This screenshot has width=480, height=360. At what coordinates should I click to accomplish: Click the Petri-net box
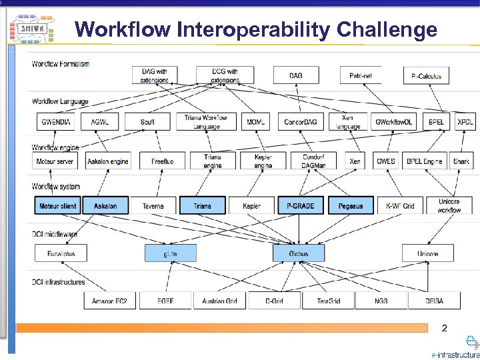(361, 75)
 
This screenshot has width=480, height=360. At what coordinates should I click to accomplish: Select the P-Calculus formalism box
(426, 75)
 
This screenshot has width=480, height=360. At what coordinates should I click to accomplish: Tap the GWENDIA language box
(55, 122)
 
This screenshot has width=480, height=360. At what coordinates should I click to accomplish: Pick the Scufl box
(148, 122)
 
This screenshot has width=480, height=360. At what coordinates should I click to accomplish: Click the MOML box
(255, 122)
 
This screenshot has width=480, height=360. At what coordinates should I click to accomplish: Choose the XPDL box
(465, 122)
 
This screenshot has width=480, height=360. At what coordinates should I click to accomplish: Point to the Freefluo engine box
(162, 161)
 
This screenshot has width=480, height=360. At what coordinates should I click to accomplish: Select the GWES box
(385, 161)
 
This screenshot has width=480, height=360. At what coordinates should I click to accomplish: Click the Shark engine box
(461, 161)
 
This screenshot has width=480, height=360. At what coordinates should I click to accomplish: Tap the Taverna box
(153, 206)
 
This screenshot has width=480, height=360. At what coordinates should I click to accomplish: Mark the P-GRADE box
(300, 206)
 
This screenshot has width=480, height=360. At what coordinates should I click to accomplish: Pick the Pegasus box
(350, 206)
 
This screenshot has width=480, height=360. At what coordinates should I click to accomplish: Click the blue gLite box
(171, 253)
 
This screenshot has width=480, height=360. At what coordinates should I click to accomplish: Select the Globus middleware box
(298, 253)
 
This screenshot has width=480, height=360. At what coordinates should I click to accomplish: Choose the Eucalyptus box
(61, 253)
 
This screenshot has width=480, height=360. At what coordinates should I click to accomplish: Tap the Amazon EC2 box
(110, 301)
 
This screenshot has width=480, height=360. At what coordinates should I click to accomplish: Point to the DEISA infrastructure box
(434, 301)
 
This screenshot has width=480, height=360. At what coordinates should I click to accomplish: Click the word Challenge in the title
(387, 29)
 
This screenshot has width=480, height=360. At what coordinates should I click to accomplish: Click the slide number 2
(444, 329)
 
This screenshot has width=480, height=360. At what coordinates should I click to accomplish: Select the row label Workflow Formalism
(61, 64)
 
